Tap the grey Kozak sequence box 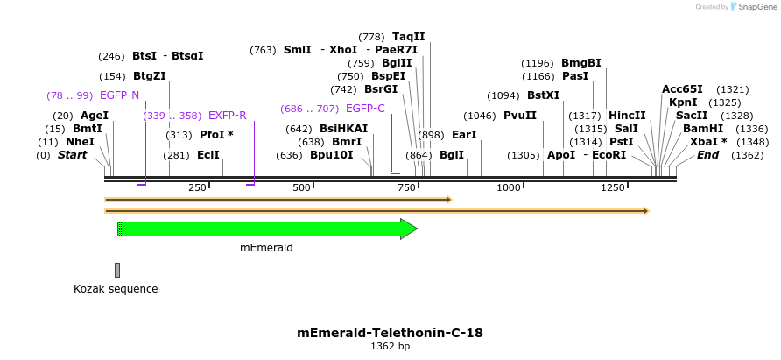pos(117,270)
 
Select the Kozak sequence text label pos(116,288)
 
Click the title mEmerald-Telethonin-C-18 pos(390,333)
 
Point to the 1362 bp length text pos(390,347)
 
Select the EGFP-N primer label pos(119,95)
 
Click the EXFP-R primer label pos(227,116)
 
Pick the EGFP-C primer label pos(365,109)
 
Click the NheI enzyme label pos(80,142)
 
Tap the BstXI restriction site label pos(543,95)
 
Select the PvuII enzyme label pos(520,116)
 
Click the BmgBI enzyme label pos(581,63)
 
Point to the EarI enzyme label pos(464,135)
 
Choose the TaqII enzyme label pos(408,37)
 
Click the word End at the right pos(707,155)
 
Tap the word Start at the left pos(73,155)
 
